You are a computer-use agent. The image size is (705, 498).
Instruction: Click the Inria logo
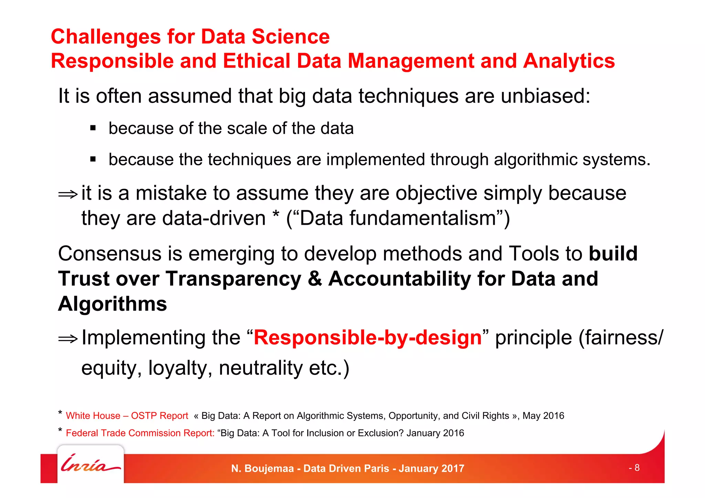[90, 464]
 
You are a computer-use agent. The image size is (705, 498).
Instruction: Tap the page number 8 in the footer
[636, 468]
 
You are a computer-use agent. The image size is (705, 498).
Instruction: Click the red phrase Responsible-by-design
[367, 337]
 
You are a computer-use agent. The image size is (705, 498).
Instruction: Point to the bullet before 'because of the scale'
[93, 128]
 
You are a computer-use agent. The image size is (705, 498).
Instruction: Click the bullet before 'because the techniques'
[93, 159]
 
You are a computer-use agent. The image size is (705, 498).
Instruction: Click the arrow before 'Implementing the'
[68, 339]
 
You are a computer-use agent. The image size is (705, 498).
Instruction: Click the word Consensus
[109, 254]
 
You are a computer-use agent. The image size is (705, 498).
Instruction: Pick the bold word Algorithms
[112, 304]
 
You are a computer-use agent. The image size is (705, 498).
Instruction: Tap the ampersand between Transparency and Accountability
[315, 278]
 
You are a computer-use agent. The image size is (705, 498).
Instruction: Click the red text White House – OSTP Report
[127, 416]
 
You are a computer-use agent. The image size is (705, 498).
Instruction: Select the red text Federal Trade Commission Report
[140, 433]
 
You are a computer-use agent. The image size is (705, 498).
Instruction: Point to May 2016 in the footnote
[543, 416]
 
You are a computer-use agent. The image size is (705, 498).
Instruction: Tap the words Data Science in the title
[265, 36]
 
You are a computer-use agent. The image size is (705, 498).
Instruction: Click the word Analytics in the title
[569, 61]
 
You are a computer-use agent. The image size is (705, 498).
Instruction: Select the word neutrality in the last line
[261, 368]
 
